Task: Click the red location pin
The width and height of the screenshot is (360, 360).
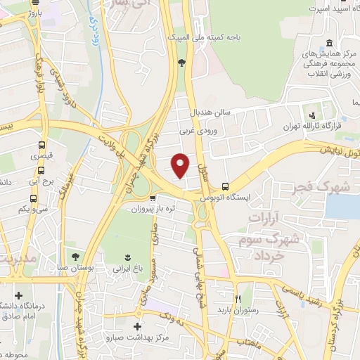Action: click(181, 165)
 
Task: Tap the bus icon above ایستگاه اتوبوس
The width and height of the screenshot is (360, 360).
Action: click(225, 187)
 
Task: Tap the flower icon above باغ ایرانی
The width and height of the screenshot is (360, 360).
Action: click(127, 256)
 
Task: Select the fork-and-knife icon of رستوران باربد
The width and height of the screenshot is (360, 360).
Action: click(237, 298)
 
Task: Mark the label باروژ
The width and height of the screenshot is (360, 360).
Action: click(32, 11)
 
